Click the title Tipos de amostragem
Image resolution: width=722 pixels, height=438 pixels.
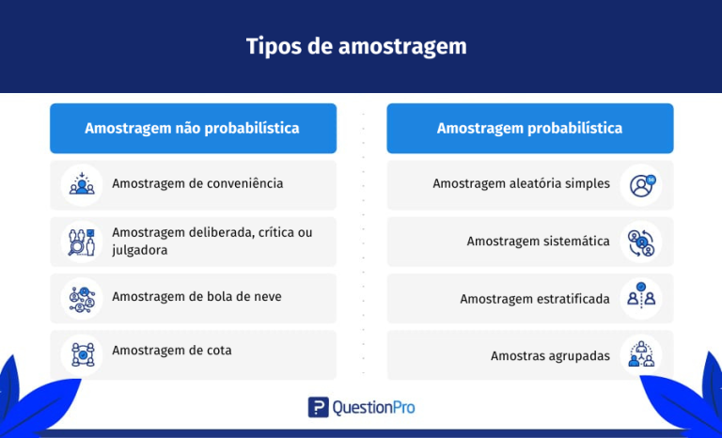[x=356, y=46]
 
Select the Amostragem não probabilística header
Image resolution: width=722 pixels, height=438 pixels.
[x=193, y=128]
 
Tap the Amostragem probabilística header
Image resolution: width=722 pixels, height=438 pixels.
[x=529, y=128]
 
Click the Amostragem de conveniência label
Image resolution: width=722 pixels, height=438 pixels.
[x=197, y=183]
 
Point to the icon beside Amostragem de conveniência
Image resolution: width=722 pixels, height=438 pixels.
[x=82, y=184]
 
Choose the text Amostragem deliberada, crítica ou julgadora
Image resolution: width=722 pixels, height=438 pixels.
[x=212, y=242]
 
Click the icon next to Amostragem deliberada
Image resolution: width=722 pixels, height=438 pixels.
[x=82, y=242]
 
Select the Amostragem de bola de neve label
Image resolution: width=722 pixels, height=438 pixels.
[x=196, y=297]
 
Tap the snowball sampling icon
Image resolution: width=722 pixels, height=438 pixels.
[x=82, y=298]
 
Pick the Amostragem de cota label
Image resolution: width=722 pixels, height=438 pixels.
[x=171, y=351]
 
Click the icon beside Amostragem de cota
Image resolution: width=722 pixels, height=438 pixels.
[x=82, y=354]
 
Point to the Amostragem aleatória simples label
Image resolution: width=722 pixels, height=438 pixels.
[x=521, y=184]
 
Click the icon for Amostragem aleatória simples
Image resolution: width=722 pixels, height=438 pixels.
[x=641, y=184]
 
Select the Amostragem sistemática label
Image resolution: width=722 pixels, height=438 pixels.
[x=538, y=242]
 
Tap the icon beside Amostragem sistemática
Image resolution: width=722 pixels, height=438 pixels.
[x=641, y=242]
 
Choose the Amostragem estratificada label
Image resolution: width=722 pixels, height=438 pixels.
[x=534, y=299]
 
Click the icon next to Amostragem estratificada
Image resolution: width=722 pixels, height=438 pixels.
[x=641, y=298]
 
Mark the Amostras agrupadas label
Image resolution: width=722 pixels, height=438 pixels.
[x=550, y=356]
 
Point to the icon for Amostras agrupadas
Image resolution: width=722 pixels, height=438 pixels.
[x=641, y=355]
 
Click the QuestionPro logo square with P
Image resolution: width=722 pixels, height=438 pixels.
[x=319, y=407]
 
